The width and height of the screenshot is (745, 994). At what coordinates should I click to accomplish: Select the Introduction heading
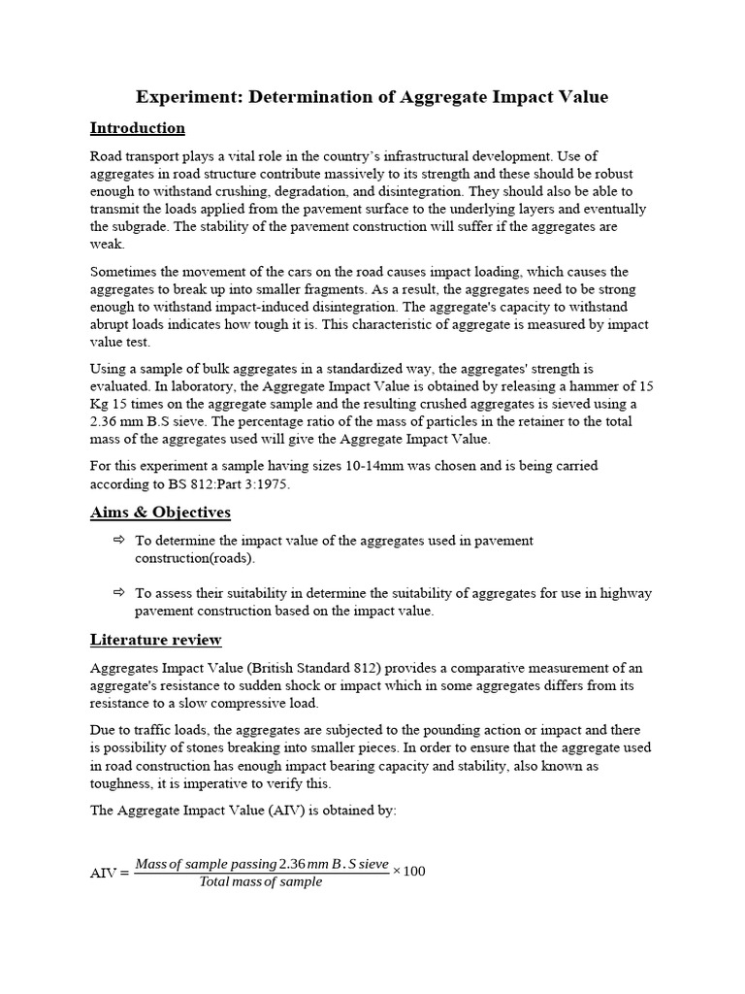(x=137, y=128)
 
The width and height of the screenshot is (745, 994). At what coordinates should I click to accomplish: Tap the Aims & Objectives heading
(x=160, y=512)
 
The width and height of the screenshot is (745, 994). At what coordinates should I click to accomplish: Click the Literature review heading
(x=155, y=640)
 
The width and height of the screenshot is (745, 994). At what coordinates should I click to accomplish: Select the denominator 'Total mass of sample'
(x=260, y=882)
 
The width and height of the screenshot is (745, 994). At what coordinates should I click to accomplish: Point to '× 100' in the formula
(x=408, y=871)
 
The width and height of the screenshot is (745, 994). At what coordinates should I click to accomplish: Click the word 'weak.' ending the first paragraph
(x=106, y=244)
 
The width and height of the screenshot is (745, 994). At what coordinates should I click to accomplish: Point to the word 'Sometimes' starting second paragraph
(x=123, y=272)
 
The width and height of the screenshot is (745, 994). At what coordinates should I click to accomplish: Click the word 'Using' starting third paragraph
(x=108, y=369)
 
